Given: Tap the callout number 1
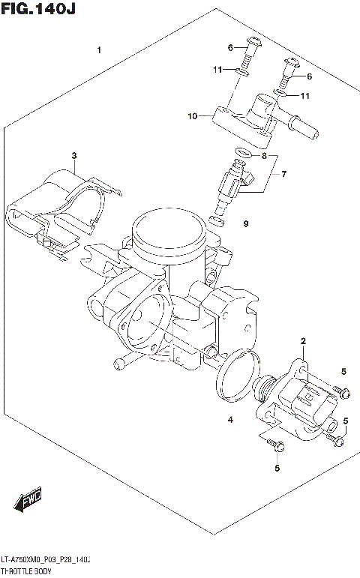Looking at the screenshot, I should pos(99,50).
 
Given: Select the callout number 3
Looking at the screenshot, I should pos(74,156).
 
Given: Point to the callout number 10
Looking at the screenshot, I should pos(193,116).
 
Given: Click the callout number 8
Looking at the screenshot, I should pos(263,156).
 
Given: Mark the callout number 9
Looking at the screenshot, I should pos(244,223).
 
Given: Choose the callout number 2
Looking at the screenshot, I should pos(303,343).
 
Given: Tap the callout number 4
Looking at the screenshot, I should pos(230,421).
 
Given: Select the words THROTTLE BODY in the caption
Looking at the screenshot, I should pos(28,571).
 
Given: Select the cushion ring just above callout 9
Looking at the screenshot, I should pos(216,221).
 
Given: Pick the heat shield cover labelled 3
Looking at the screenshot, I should pos(64,206).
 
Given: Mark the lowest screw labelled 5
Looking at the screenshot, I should pos(274,447).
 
